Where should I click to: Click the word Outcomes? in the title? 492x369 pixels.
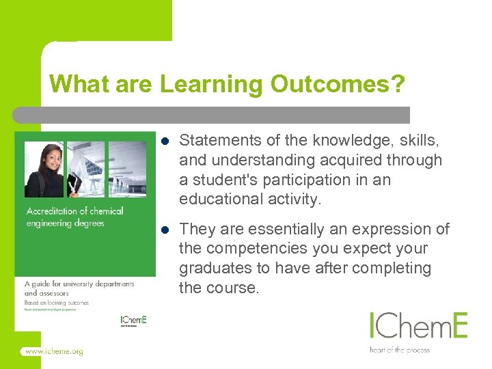tap(338, 85)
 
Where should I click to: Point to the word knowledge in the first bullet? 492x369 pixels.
tap(346, 141)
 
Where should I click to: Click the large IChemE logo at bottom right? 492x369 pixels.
tap(418, 325)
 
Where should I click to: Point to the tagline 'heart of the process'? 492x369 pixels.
tap(400, 350)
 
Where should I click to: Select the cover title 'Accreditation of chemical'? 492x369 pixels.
tap(74, 210)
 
